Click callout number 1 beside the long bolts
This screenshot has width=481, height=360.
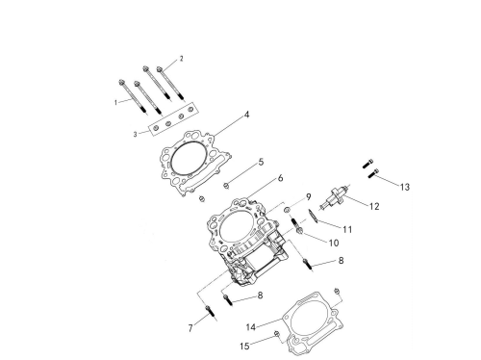[115, 103]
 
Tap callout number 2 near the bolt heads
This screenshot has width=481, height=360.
[182, 59]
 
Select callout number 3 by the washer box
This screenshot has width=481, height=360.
[135, 135]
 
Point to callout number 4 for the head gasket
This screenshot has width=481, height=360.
[246, 115]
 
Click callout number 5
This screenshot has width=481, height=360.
[261, 162]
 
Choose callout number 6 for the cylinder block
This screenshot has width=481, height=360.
[280, 178]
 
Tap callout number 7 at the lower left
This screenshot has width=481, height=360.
[190, 328]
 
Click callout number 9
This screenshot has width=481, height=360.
[309, 197]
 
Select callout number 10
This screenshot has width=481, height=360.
[334, 243]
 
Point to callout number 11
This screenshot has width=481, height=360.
[347, 229]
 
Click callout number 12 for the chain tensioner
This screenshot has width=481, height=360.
[374, 206]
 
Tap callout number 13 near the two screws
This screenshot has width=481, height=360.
[405, 187]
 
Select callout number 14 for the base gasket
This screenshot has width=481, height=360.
[251, 327]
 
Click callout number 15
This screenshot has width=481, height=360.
[244, 347]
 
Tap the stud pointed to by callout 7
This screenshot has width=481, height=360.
[212, 313]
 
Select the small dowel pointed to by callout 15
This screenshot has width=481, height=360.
[277, 334]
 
